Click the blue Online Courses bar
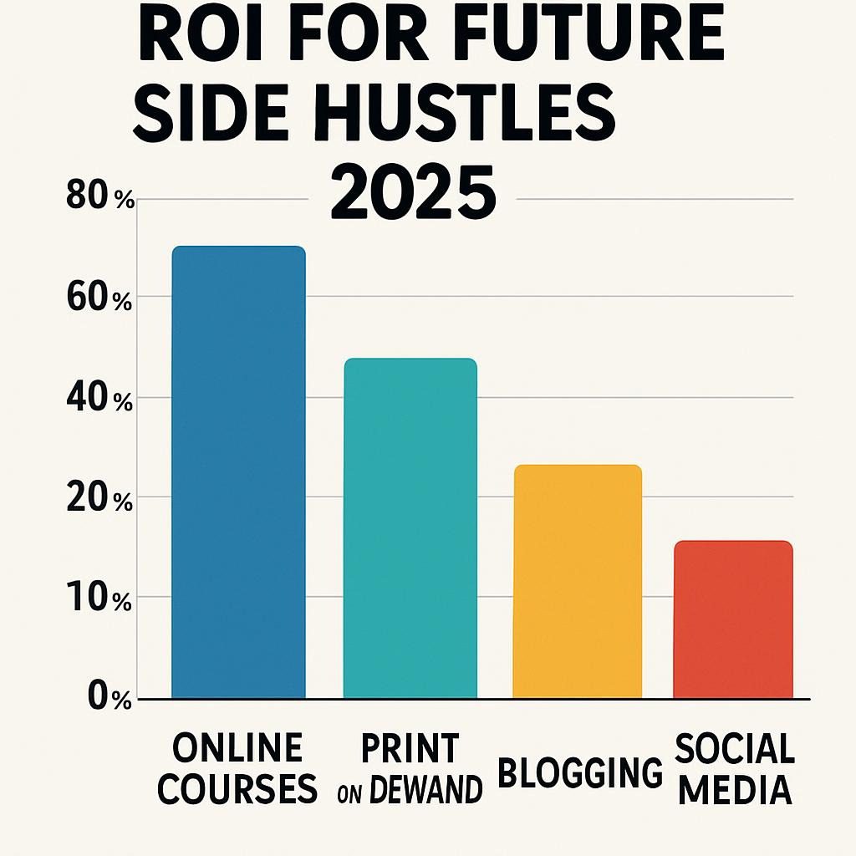(x=238, y=472)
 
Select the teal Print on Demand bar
(x=410, y=528)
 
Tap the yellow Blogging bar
(x=577, y=581)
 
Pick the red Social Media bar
(x=732, y=619)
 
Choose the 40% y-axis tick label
(x=99, y=400)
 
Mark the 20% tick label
(x=99, y=500)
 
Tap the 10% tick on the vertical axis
(x=99, y=599)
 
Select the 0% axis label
(x=109, y=699)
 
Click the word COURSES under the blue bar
(x=237, y=788)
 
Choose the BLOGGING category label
(x=580, y=772)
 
